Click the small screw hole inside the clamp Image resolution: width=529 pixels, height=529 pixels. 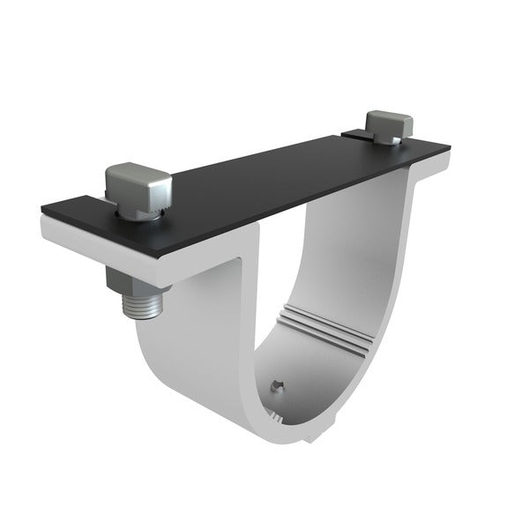277,384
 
